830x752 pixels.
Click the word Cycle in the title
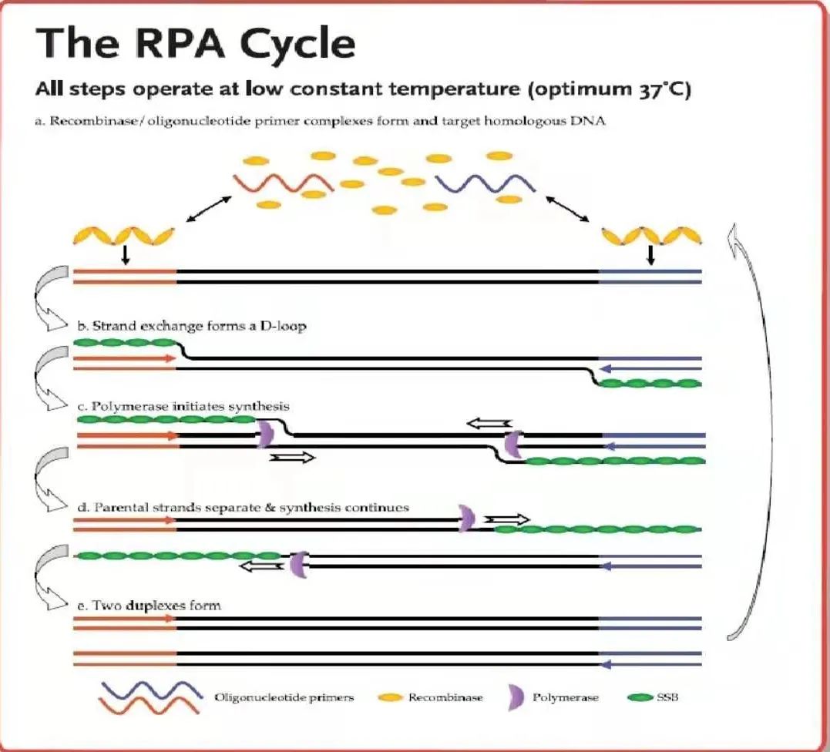coord(297,44)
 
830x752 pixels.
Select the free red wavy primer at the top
coord(284,183)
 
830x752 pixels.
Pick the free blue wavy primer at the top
coord(485,183)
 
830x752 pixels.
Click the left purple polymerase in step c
coord(265,434)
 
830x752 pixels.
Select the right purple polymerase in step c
coord(513,444)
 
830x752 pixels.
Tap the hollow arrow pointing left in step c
coord(489,423)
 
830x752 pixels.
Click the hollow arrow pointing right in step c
coord(292,457)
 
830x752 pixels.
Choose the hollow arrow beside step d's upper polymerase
coord(507,519)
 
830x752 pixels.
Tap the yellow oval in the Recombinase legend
coord(390,697)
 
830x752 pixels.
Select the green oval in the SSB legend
coord(640,697)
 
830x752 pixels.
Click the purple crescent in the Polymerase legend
coord(516,698)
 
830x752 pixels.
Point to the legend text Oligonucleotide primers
coord(284,697)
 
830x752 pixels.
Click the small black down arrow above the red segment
coord(125,255)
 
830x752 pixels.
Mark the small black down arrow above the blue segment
coord(651,255)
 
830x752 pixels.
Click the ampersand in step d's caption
coord(270,508)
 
